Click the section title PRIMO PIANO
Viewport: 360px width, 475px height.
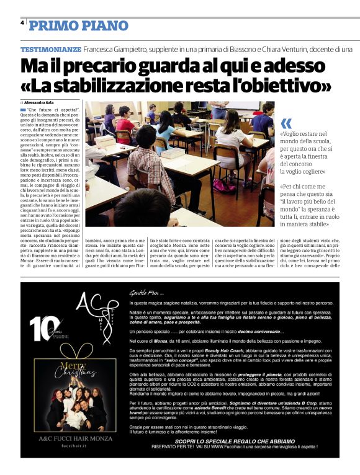click(x=78, y=25)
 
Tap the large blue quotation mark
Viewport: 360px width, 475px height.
click(x=286, y=123)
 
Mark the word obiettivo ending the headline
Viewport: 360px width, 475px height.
click(x=288, y=84)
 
